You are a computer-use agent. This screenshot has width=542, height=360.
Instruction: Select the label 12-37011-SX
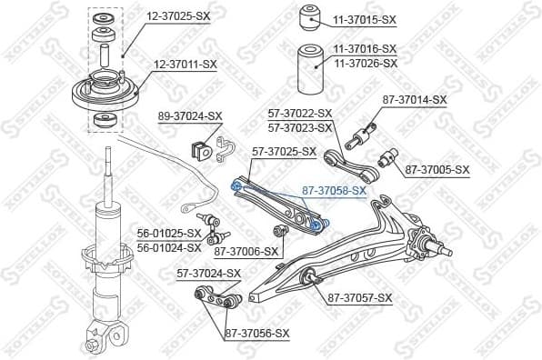[x=186, y=64]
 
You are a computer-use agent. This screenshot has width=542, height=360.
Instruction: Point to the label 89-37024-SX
[x=190, y=116]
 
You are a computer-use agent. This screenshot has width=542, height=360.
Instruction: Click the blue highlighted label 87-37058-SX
[x=333, y=191]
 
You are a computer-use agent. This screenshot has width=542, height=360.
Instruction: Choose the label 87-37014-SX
[x=415, y=99]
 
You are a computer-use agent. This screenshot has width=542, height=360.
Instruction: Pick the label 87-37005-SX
[x=437, y=169]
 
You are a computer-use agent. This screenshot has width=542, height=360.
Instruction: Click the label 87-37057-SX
[x=360, y=297]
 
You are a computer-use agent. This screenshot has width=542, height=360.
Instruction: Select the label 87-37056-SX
[x=256, y=334]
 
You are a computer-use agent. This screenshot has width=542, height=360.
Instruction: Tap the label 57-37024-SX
[x=208, y=273]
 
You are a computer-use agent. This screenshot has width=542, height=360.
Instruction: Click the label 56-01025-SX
[x=168, y=233]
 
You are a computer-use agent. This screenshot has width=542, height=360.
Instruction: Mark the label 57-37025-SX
[x=284, y=152]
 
